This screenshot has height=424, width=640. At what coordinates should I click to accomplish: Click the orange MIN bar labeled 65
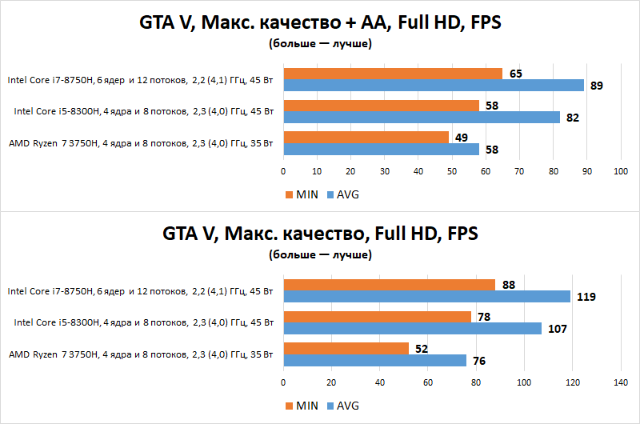click(x=392, y=74)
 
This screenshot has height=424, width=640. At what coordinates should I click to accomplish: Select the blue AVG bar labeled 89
click(x=433, y=86)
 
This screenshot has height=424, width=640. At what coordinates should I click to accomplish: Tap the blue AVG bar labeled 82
click(x=421, y=117)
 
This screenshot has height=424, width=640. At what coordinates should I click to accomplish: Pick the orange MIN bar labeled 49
click(x=366, y=137)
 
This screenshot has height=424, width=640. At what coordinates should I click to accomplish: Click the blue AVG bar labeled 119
click(x=426, y=297)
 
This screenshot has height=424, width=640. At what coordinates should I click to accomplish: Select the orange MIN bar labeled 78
click(x=377, y=317)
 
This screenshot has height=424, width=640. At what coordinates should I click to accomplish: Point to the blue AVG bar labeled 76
click(x=374, y=361)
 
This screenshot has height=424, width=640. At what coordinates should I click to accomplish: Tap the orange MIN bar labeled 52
click(x=346, y=348)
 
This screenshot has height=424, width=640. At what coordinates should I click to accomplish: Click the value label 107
click(x=556, y=329)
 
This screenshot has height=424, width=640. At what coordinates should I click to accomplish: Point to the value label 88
click(x=509, y=285)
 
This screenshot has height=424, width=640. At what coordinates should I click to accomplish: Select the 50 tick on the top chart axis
click(x=451, y=171)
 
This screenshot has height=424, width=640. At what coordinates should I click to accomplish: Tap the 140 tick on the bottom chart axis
click(x=620, y=382)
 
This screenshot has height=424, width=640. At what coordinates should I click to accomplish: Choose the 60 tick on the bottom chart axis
click(x=428, y=382)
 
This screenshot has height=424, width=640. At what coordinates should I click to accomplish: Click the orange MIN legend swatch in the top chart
click(x=289, y=194)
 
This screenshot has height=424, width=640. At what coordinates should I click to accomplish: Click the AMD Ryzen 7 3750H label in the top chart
click(x=141, y=143)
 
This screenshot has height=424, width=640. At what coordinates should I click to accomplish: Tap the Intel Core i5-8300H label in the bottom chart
click(x=144, y=322)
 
